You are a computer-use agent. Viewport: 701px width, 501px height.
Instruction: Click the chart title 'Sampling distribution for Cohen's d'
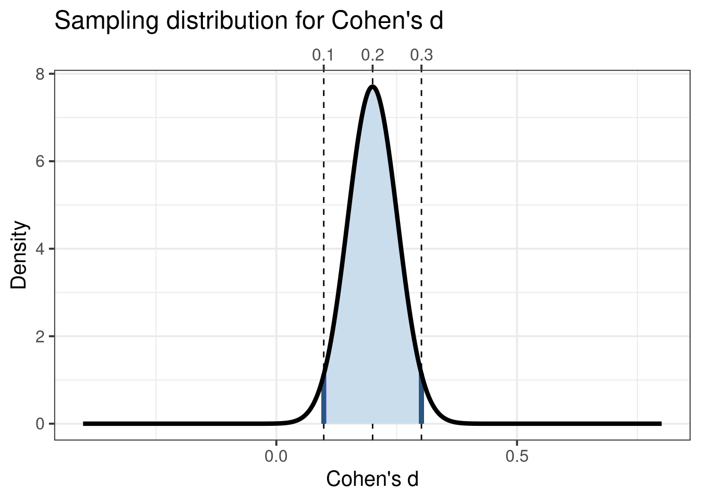249,21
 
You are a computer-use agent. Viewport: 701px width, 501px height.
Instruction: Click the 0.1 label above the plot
323,55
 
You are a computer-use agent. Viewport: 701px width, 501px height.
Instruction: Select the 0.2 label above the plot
372,55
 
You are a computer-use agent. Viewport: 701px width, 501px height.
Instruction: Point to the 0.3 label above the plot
421,55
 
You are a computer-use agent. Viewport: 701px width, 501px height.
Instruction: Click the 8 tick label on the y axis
40,74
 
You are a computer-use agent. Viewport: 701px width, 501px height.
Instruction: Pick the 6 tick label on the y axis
40,161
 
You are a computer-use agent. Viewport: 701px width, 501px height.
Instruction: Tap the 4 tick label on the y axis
40,249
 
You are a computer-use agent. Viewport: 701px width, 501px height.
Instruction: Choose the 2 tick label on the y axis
40,336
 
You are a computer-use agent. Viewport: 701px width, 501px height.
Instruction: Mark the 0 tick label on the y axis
40,424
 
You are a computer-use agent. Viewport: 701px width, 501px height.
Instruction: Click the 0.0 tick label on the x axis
276,457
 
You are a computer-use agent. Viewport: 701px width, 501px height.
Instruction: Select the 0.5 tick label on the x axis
517,457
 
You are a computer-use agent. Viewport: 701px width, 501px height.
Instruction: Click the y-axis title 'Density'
19,255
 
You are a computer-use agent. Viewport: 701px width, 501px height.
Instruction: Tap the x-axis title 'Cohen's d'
372,479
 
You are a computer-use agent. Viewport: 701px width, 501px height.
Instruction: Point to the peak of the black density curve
372,87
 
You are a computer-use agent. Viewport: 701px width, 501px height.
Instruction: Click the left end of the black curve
84,424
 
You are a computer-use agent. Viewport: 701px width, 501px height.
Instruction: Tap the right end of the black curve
660,424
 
